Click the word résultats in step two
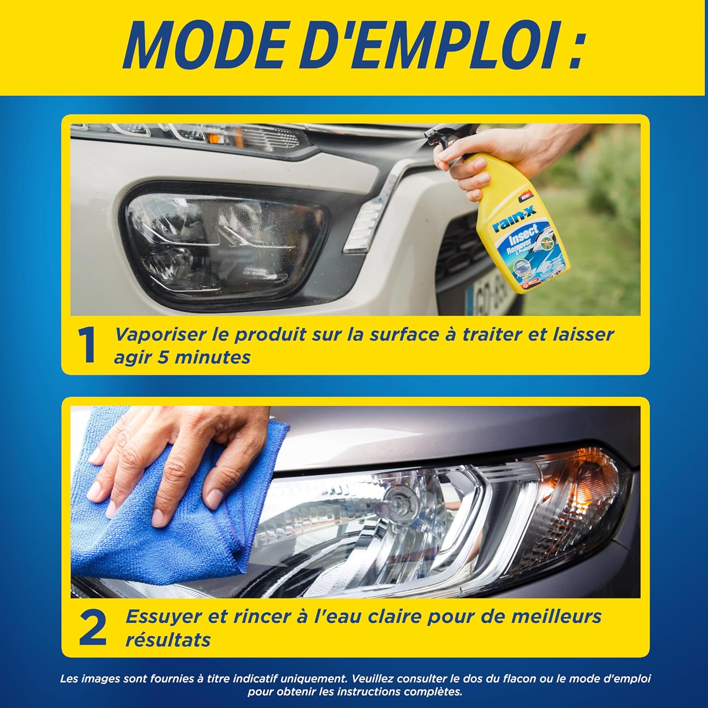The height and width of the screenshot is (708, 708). tap(168, 640)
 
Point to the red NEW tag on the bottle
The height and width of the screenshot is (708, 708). tap(525, 194)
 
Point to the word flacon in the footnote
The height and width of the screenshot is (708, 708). tap(519, 679)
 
